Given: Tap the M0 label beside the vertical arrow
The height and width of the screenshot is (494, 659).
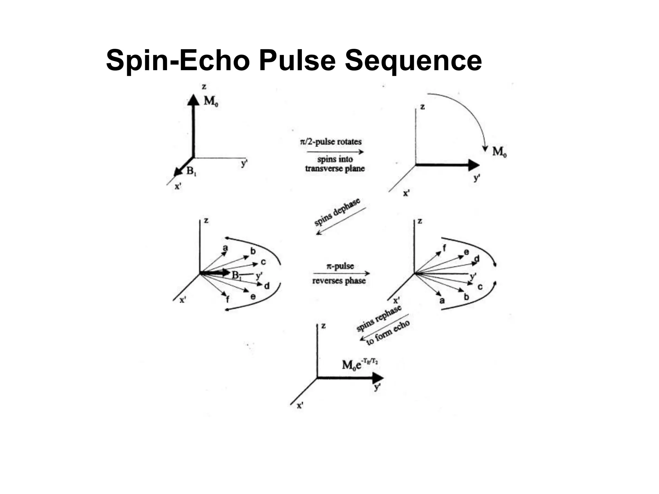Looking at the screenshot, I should [211, 101].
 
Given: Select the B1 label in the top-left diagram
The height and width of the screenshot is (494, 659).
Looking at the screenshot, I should [191, 171].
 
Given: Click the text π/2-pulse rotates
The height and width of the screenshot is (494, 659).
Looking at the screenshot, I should [331, 142].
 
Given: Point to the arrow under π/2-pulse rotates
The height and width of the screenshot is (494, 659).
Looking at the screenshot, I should [335, 152].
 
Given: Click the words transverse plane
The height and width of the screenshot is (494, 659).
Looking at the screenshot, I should [335, 169].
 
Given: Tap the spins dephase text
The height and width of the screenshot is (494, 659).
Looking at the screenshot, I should [337, 212].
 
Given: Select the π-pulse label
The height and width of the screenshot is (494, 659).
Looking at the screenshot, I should [340, 266].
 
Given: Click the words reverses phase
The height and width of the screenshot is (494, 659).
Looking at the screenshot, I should [339, 281].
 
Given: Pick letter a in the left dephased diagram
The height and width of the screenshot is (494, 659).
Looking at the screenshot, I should [225, 248].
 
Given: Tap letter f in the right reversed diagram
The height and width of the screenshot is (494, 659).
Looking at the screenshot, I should [444, 248].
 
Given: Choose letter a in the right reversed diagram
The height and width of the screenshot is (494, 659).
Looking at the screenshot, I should [442, 301].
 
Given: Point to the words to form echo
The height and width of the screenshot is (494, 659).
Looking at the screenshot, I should [388, 333].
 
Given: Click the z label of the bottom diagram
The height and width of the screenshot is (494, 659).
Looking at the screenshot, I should [323, 326].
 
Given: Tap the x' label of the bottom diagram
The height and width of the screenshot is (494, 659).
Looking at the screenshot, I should [300, 406].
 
